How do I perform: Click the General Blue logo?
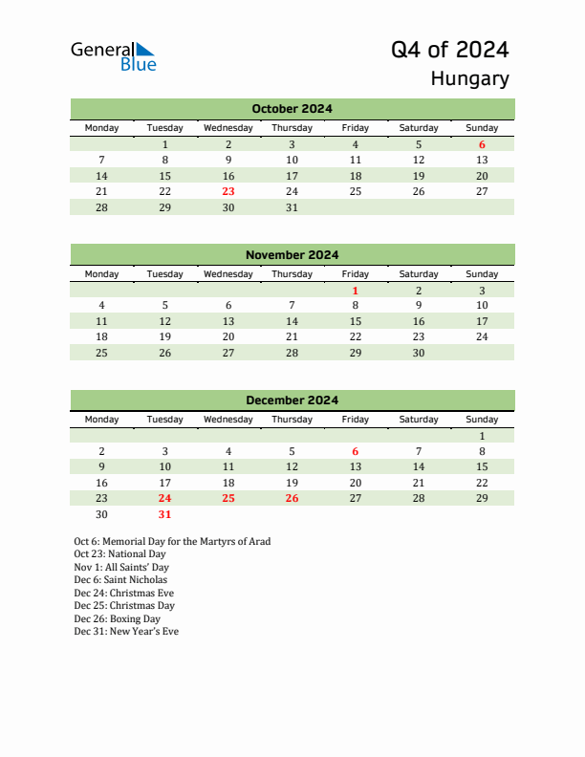113,56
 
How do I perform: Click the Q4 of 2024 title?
449,50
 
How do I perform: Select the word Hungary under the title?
469,79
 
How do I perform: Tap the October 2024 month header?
292,109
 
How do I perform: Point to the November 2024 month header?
292,255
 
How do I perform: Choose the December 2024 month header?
292,400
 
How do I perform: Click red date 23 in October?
228,191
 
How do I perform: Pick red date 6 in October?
482,144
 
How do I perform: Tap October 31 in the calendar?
292,207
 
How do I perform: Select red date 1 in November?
355,291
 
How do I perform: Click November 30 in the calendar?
418,353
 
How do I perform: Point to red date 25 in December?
228,498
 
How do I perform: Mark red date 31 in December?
165,514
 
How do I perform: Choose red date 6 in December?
355,451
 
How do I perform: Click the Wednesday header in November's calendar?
228,274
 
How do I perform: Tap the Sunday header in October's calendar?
482,128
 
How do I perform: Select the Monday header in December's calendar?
102,420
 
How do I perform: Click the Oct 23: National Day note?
119,554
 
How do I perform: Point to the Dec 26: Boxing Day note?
117,618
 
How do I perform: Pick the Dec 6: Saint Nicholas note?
120,580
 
